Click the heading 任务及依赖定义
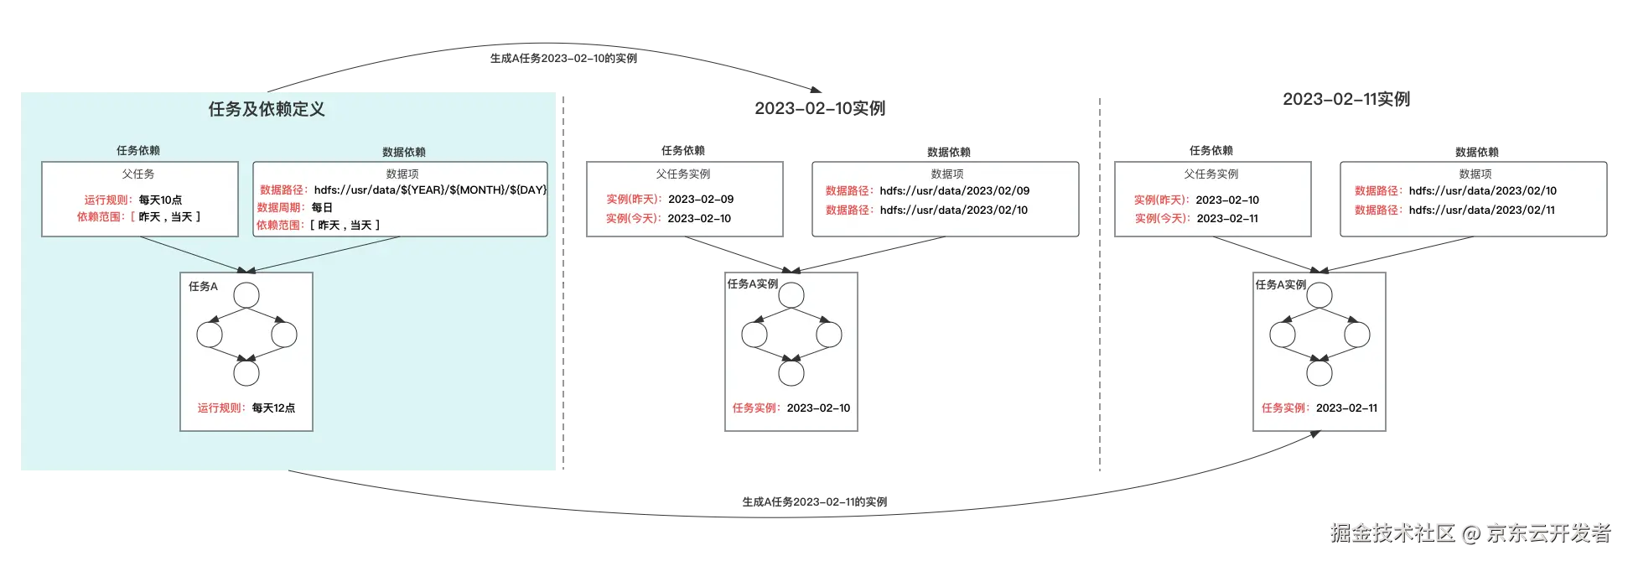267,109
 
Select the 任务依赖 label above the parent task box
138,151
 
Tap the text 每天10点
160,200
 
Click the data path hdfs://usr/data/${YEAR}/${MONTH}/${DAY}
430,190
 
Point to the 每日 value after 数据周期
322,207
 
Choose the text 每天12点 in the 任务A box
273,408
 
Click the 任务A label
203,287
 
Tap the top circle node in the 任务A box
246,295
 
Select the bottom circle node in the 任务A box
246,373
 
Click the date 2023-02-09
701,200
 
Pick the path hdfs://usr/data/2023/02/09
954,191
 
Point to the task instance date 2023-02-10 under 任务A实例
818,408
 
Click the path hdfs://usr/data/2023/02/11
1482,210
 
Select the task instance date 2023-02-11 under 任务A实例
1346,408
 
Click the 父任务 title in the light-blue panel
138,174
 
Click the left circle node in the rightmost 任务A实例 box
1283,335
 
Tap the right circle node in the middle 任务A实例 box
829,335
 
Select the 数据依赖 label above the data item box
404,152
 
